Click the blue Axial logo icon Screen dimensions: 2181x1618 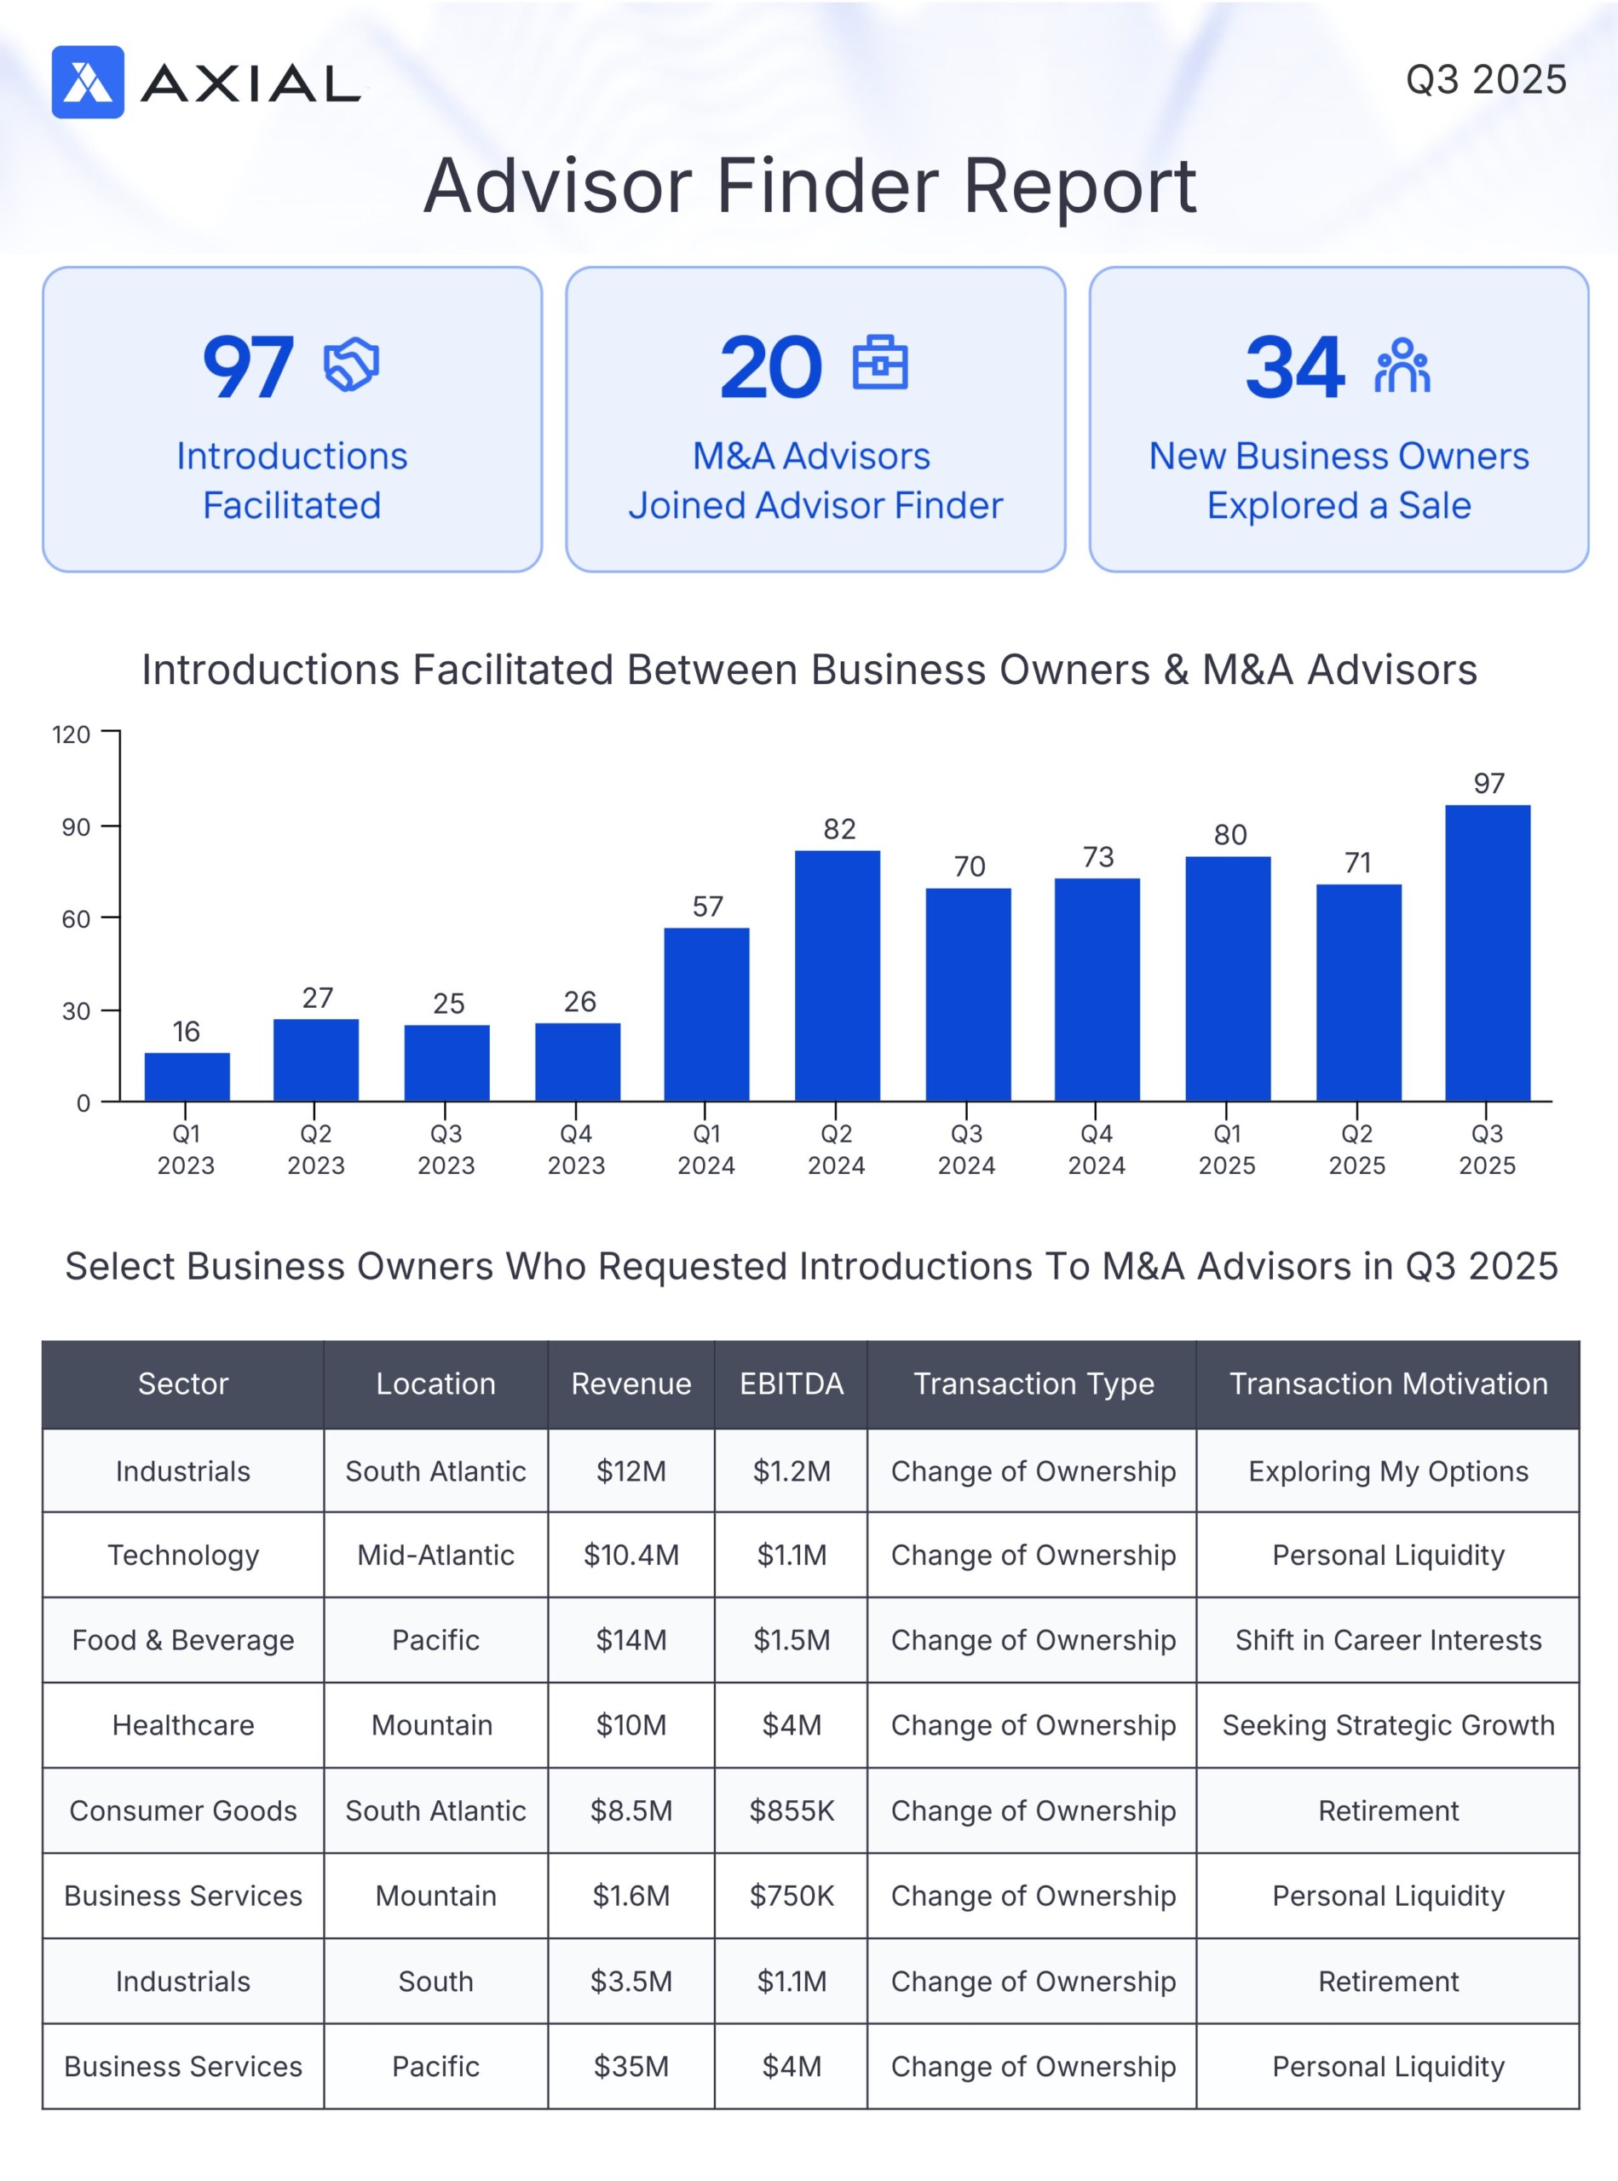(87, 83)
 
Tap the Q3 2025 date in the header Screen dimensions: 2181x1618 (1485, 79)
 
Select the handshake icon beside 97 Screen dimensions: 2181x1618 (351, 365)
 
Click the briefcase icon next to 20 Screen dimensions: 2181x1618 (879, 363)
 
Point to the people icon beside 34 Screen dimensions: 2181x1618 (1402, 365)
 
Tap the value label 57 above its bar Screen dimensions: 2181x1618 (707, 906)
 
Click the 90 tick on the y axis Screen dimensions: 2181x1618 (76, 826)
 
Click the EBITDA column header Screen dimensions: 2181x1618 (792, 1383)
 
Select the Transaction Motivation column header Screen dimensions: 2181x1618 (1388, 1383)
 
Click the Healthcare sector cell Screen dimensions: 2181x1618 (183, 1724)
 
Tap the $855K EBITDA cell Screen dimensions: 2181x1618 (792, 1810)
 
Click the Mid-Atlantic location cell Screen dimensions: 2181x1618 (436, 1554)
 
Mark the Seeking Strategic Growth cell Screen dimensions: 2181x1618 (1388, 1724)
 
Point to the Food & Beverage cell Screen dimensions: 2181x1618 (183, 1639)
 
